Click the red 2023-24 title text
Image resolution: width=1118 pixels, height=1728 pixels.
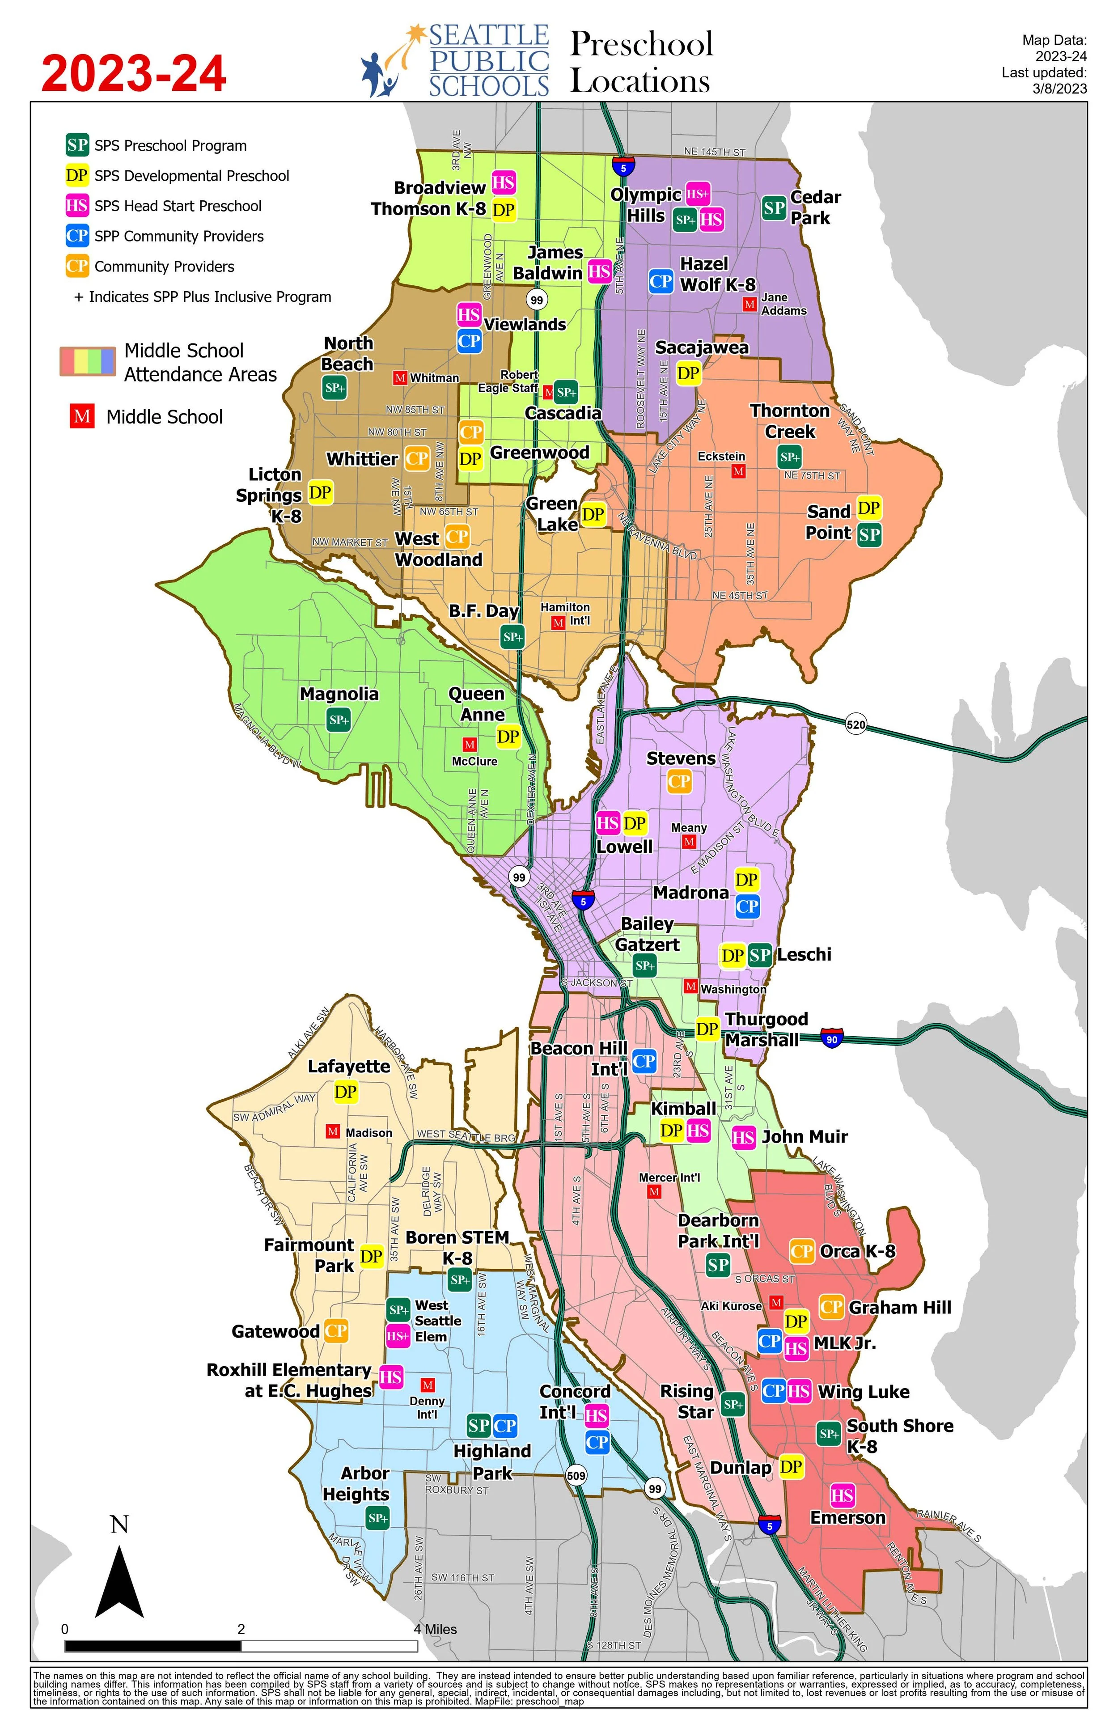(x=134, y=74)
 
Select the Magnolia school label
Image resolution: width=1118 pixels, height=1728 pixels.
(x=339, y=694)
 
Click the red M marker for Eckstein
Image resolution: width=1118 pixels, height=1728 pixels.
(x=738, y=472)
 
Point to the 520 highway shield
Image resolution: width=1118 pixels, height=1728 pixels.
(x=856, y=724)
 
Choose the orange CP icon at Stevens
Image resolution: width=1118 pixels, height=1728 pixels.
(x=679, y=782)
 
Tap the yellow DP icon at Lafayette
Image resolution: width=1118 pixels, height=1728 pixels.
(x=346, y=1092)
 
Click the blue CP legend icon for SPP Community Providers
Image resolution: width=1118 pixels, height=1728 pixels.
(x=77, y=236)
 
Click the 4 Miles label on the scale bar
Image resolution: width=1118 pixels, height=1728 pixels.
(x=436, y=1629)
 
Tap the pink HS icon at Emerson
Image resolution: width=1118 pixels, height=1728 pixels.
(x=842, y=1495)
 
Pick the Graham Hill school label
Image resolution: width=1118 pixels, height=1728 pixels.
(x=899, y=1308)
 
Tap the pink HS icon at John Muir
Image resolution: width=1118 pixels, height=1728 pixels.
(x=743, y=1137)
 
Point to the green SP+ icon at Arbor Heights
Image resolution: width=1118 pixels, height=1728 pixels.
(x=377, y=1517)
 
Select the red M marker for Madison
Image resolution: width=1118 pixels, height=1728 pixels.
(x=333, y=1132)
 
